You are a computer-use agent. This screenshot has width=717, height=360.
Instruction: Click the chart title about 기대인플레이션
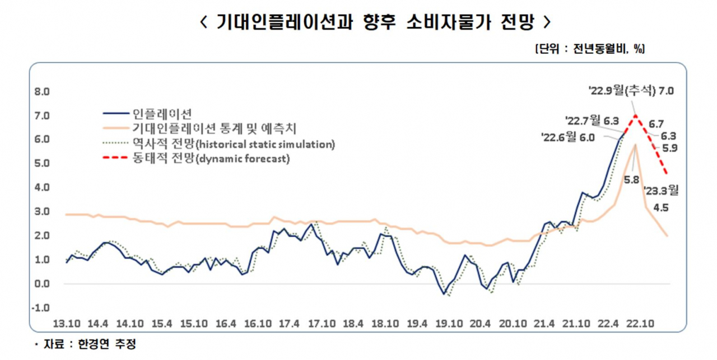(375, 22)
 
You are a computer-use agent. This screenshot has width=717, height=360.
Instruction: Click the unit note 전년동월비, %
(590, 49)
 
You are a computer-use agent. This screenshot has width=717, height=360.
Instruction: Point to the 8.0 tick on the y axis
(42, 92)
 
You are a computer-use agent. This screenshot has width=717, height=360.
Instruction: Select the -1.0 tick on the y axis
(41, 308)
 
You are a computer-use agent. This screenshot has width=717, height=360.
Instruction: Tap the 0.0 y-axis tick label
(42, 284)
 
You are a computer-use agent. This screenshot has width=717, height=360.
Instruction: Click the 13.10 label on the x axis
(67, 324)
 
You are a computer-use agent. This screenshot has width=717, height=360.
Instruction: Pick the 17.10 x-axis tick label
(322, 324)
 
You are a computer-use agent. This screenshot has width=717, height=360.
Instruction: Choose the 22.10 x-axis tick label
(640, 324)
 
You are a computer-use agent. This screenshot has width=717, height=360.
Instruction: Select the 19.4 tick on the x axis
(417, 324)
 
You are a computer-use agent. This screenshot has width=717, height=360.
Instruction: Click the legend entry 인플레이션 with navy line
(147, 114)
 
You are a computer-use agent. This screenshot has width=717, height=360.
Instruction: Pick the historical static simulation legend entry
(219, 144)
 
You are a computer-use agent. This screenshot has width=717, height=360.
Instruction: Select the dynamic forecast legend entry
(196, 158)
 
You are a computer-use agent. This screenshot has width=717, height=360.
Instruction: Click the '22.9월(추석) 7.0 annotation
(631, 91)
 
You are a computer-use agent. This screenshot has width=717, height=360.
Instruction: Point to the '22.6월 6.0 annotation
(568, 138)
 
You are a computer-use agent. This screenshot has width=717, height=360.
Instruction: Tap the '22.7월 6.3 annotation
(592, 121)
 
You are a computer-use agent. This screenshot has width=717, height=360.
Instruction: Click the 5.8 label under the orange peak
(631, 180)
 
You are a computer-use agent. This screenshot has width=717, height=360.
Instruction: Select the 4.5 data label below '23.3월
(661, 208)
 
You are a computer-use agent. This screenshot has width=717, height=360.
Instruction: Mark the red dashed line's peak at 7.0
(635, 115)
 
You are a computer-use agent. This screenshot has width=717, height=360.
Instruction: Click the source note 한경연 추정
(107, 344)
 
